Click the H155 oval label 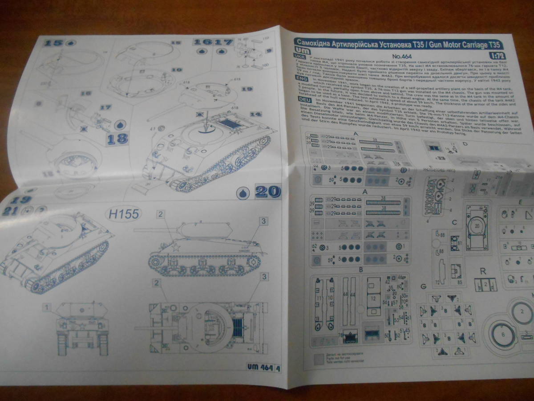point(124,214)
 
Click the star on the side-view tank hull point(176,248)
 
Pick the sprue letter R point(482,270)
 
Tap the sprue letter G point(422,286)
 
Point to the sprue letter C point(454,223)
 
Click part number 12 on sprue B point(373,298)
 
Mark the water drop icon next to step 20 point(243,193)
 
